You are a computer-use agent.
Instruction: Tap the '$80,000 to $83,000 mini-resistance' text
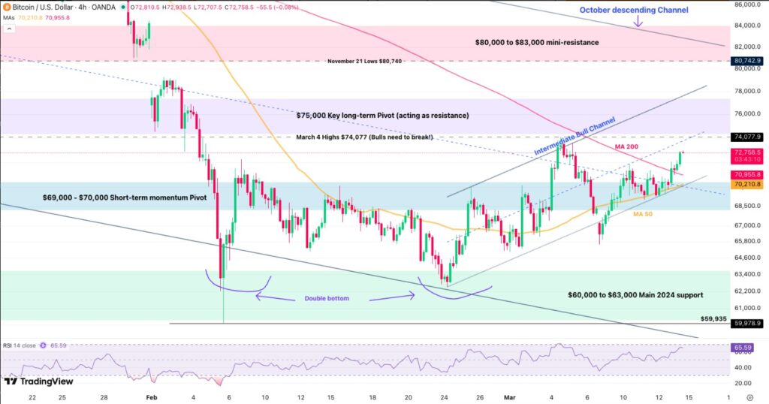pyautogui.click(x=536, y=42)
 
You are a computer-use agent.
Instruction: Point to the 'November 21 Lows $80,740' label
pyautogui.click(x=364, y=61)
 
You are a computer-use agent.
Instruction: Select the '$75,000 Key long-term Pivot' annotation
pyautogui.click(x=382, y=116)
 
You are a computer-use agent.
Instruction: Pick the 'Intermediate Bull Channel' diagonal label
pyautogui.click(x=574, y=137)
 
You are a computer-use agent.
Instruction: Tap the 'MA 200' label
pyautogui.click(x=626, y=146)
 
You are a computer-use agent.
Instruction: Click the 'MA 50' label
pyautogui.click(x=641, y=214)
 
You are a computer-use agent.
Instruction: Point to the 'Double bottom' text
pyautogui.click(x=327, y=298)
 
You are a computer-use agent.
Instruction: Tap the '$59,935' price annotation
pyautogui.click(x=713, y=318)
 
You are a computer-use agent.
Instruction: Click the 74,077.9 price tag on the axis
pyautogui.click(x=748, y=137)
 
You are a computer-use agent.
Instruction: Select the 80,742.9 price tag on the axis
pyautogui.click(x=748, y=60)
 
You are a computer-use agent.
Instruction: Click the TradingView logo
pyautogui.click(x=34, y=381)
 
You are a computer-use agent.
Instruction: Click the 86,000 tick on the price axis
pyautogui.click(x=746, y=5)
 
